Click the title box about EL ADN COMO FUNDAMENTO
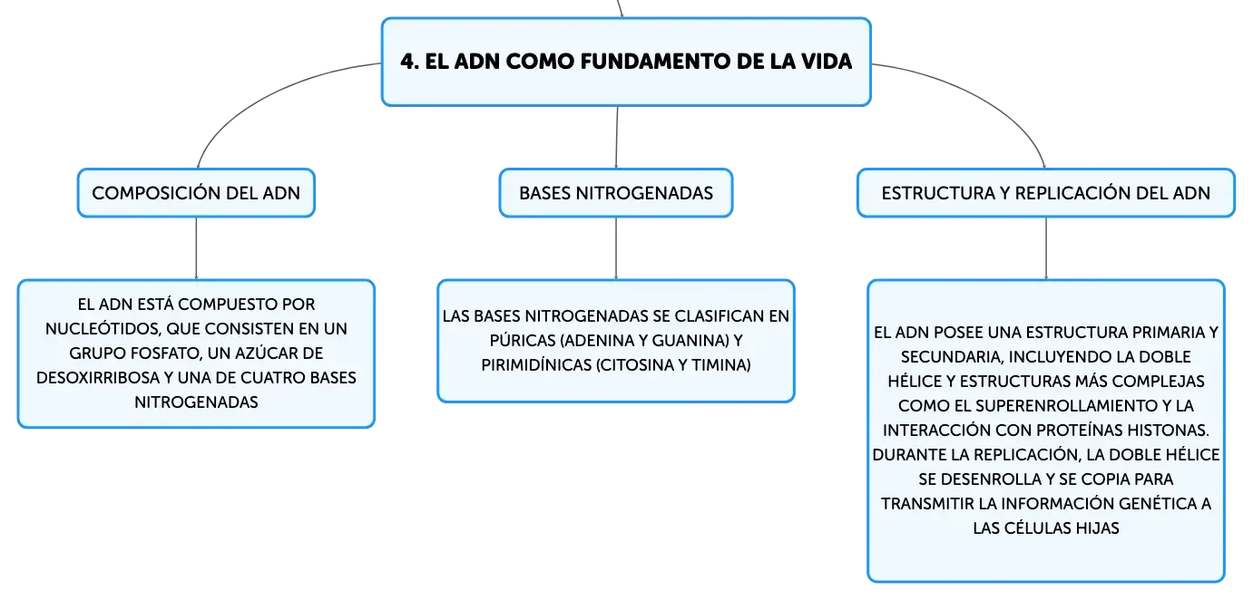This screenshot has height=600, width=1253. tap(626, 62)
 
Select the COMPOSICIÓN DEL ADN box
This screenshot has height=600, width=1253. tap(196, 193)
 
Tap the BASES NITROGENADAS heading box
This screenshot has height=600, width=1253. tap(616, 193)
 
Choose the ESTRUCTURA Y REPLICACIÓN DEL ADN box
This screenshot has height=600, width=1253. tap(1046, 193)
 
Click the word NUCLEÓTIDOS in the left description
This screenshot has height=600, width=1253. tap(104, 328)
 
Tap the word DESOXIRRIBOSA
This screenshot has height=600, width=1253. tap(98, 378)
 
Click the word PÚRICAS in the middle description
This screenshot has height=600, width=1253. tap(523, 340)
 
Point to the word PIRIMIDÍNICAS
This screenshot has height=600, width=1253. tap(536, 365)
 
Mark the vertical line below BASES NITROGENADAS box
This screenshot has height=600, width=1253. tap(616, 248)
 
